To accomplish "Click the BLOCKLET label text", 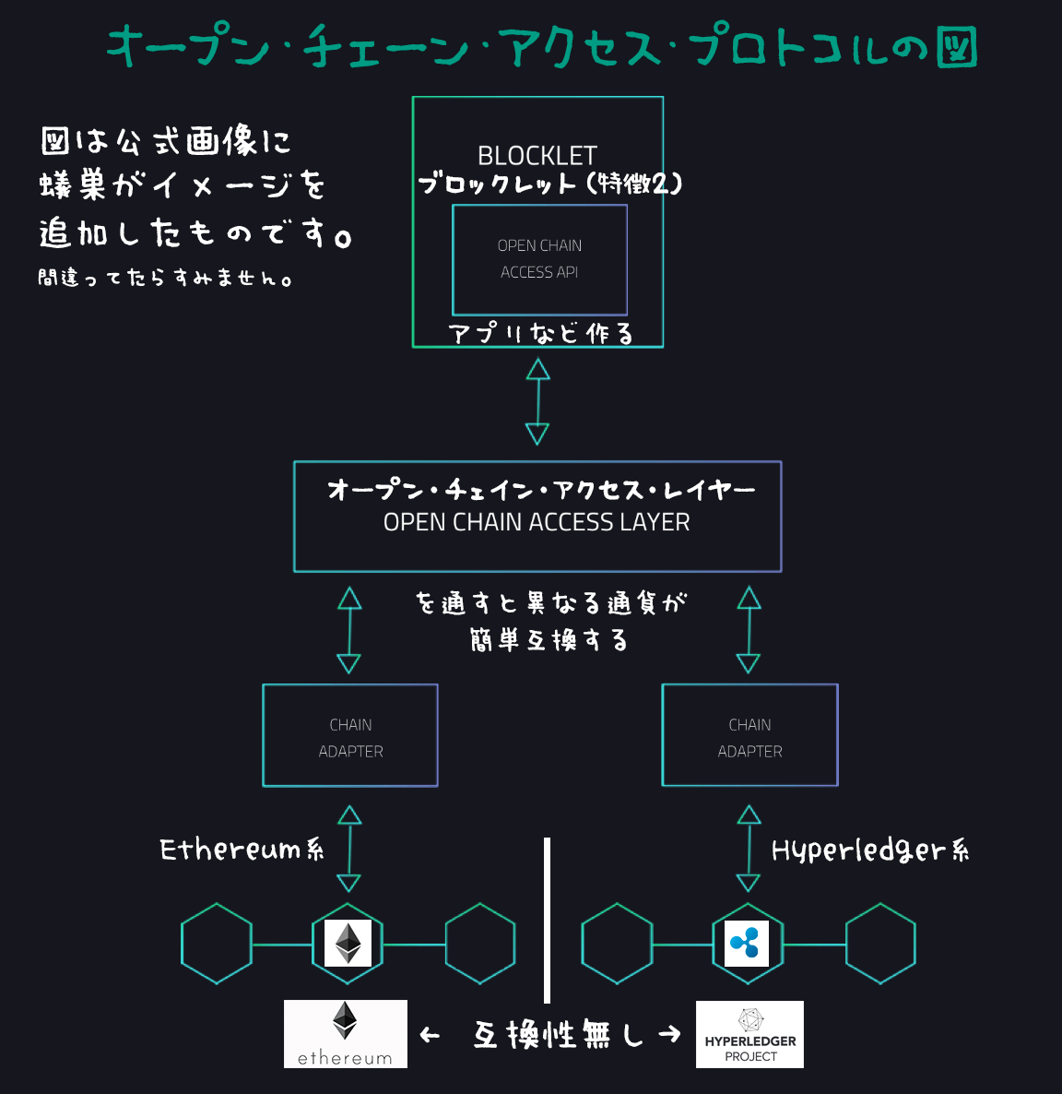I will tap(537, 155).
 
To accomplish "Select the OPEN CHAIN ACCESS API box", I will tap(539, 259).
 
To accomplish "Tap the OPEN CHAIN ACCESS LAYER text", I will tap(537, 522).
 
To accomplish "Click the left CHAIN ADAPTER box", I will tap(350, 735).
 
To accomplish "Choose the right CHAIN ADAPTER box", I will tap(749, 735).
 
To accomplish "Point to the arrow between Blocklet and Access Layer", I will tap(537, 402).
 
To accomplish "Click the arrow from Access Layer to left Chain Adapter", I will tap(349, 630).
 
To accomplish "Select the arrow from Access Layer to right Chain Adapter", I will tap(749, 630).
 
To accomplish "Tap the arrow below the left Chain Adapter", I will tap(349, 848).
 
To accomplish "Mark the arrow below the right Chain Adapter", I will tap(749, 848).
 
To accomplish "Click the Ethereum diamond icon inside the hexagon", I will tap(348, 943).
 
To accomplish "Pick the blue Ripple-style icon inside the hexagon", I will tap(747, 943).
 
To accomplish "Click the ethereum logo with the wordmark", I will tap(346, 1034).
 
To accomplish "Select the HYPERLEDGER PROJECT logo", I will tap(749, 1034).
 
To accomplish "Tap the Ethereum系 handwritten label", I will tap(242, 850).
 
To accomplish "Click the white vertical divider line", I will tap(548, 920).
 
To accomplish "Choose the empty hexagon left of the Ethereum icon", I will tap(217, 944).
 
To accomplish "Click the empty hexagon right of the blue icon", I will tap(880, 944).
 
